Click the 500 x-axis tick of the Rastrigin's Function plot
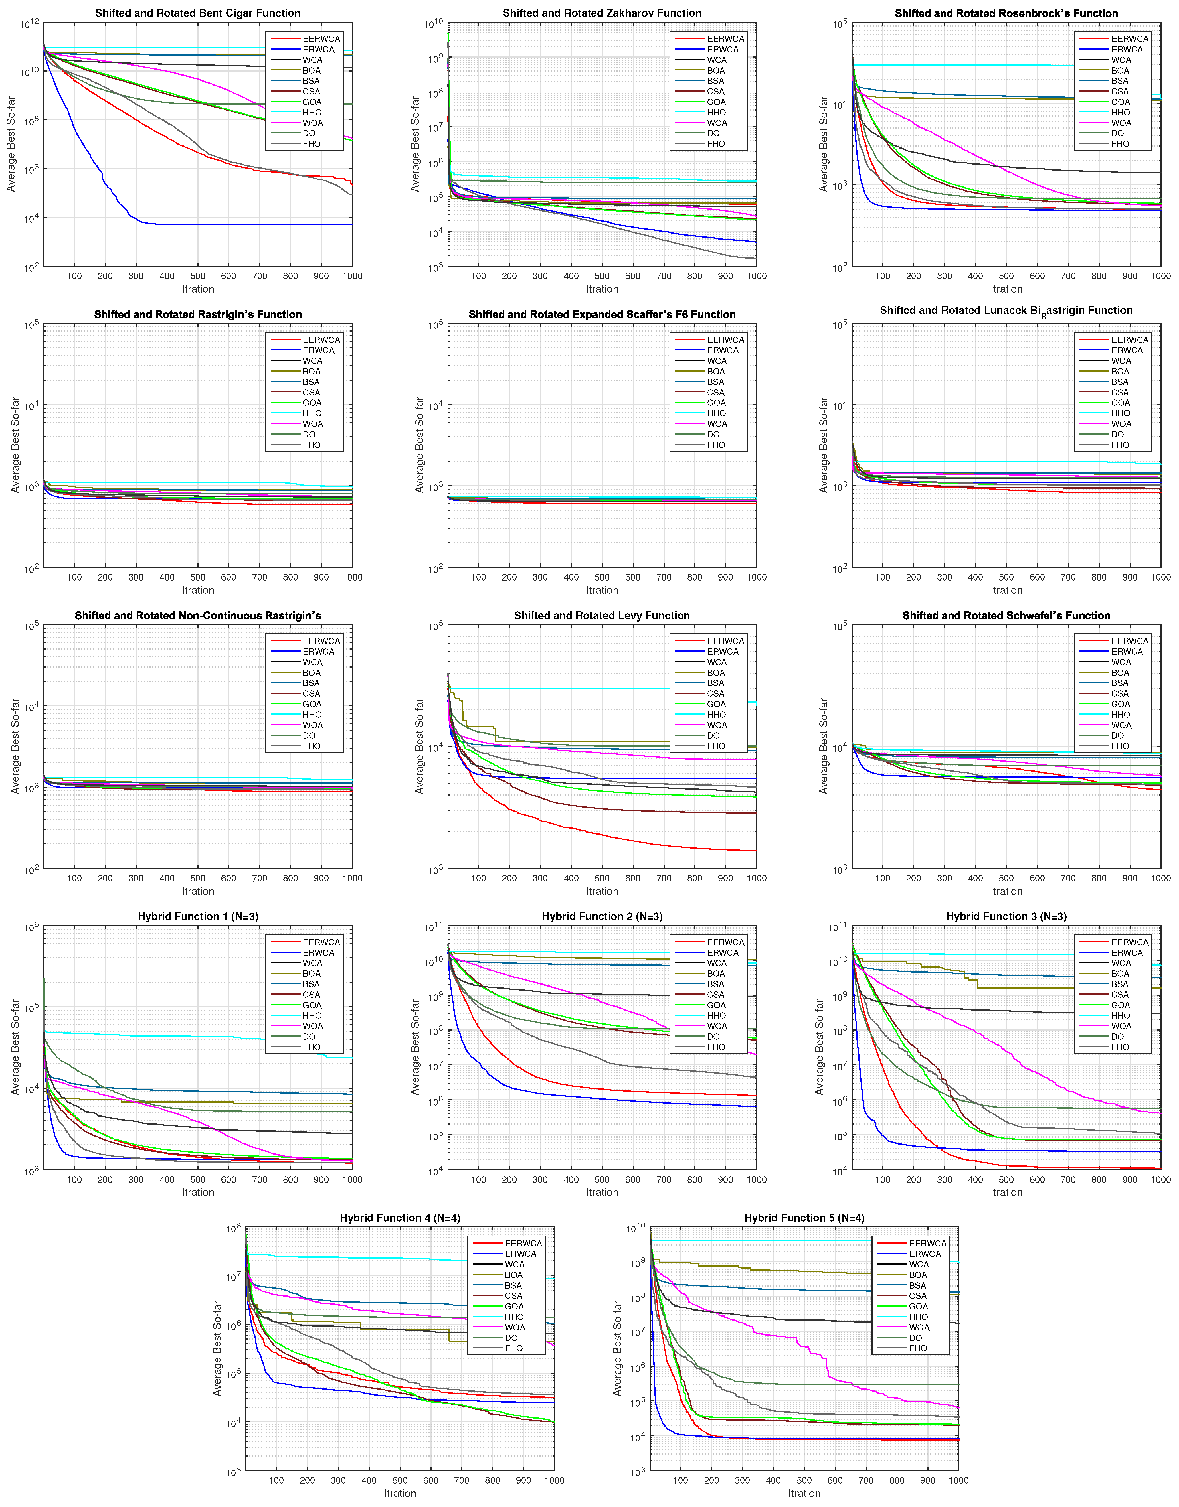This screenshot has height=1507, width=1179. point(197,577)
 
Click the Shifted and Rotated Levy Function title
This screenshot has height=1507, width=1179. point(602,616)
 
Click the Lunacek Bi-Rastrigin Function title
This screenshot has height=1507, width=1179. point(1006,311)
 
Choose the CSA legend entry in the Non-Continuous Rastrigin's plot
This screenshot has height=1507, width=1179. point(311,693)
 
